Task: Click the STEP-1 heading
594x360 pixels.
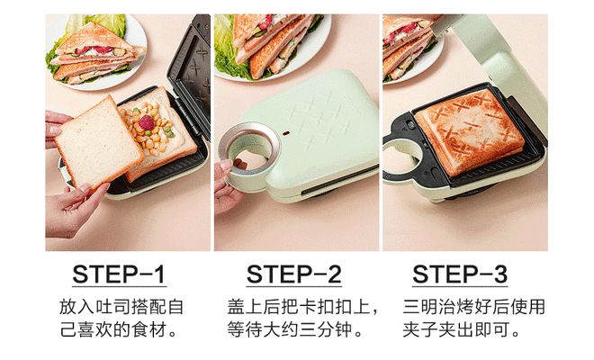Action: (119, 274)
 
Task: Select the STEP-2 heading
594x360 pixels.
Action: (293, 274)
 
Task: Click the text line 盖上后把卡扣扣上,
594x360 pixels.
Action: (297, 306)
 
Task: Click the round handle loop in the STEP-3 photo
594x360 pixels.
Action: (403, 155)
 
